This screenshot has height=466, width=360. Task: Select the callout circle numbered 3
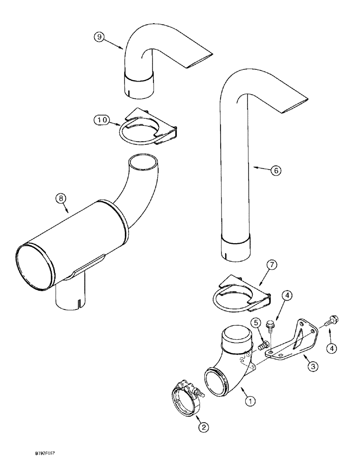pyautogui.click(x=313, y=367)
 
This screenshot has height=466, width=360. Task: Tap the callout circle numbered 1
pyautogui.click(x=250, y=400)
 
